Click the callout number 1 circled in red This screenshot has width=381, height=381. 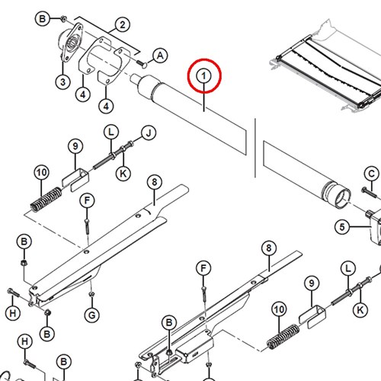(204, 76)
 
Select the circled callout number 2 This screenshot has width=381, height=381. (123, 25)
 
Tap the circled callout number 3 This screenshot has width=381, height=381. (62, 82)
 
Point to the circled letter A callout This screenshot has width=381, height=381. (160, 56)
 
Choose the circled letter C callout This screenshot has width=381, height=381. (371, 174)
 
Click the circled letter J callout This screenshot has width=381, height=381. (149, 133)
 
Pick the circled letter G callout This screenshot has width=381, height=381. (91, 315)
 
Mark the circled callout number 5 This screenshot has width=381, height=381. (342, 227)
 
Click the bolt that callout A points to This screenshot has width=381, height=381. (142, 63)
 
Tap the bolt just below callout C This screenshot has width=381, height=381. (369, 192)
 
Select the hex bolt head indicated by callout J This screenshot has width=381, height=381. (130, 144)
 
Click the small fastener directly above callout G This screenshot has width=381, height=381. (91, 294)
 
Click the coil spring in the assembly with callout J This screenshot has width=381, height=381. (46, 199)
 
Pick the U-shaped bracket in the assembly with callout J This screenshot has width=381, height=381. (75, 180)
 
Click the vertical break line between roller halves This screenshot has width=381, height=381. (255, 148)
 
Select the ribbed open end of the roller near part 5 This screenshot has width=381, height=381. (337, 195)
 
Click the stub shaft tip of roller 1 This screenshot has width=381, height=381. (134, 78)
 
